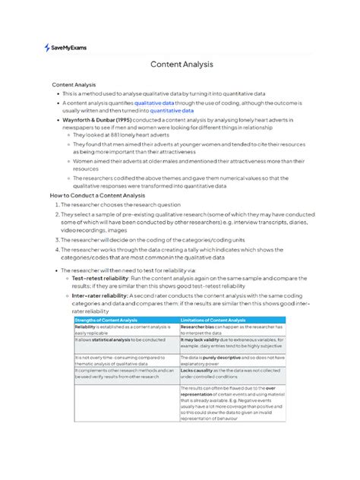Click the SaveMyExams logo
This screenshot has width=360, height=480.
pyautogui.click(x=65, y=47)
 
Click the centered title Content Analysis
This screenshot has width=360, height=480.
pyautogui.click(x=182, y=65)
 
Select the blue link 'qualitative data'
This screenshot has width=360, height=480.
pyautogui.click(x=155, y=101)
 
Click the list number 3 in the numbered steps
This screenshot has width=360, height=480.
pyautogui.click(x=55, y=238)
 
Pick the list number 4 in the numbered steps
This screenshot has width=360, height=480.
pyautogui.click(x=55, y=248)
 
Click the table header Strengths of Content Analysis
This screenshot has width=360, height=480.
pyautogui.click(x=106, y=321)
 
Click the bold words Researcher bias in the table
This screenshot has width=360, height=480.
pyautogui.click(x=198, y=327)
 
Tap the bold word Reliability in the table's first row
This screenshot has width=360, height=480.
pyautogui.click(x=86, y=327)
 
